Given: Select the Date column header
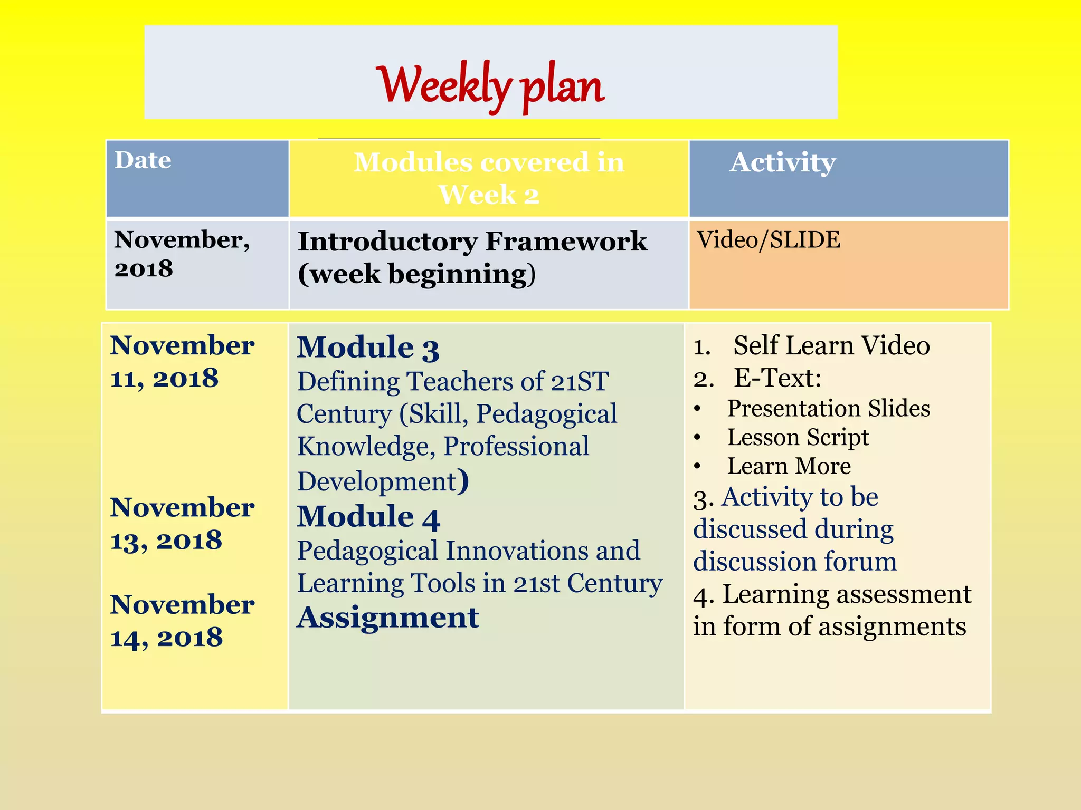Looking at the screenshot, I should point(143,160).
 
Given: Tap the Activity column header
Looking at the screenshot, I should point(782,162).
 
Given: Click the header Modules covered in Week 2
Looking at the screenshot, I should point(489,178).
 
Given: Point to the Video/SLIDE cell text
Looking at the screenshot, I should point(769,240).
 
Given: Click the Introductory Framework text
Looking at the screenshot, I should point(472,242).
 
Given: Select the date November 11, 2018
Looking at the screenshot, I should point(182,362).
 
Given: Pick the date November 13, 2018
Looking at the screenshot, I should point(182,524).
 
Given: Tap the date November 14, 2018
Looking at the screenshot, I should point(182,621).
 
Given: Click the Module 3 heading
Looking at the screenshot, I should point(368,348).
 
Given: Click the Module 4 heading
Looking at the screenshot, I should point(368,517).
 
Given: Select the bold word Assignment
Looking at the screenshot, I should point(388,618).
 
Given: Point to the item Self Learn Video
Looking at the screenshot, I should point(831,346).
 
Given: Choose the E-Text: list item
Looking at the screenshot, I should point(777,378).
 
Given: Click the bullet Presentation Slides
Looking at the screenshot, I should point(828,409).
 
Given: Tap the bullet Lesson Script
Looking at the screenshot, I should point(798,438).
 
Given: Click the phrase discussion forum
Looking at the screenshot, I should point(795,562).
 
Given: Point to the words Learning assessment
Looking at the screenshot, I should point(847,594).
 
